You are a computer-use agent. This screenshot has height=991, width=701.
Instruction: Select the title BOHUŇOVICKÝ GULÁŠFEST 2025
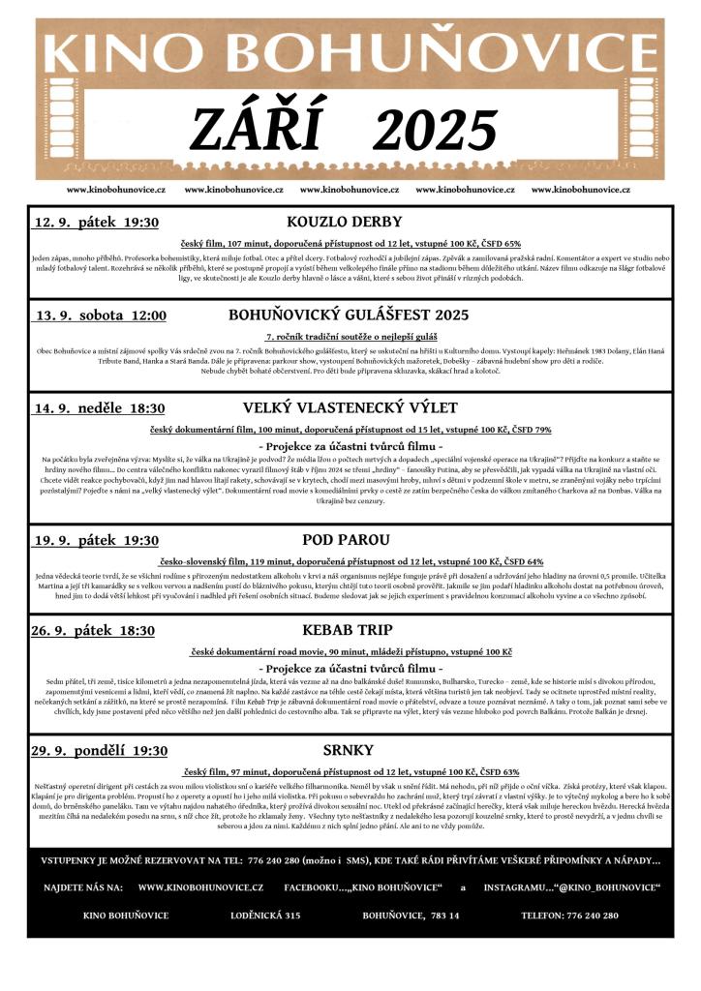[x=349, y=315]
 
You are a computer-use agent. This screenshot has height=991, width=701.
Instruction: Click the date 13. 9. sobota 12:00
[x=102, y=315]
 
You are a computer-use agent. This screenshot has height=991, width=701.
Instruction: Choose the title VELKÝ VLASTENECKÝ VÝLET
[x=337, y=407]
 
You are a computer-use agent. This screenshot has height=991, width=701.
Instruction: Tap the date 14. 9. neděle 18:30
[x=100, y=408]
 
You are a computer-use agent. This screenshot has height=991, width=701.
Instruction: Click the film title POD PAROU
[x=332, y=539]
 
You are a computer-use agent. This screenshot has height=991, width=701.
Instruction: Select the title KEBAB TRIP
[x=334, y=630]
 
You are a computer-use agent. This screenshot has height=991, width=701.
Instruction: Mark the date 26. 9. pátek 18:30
[x=93, y=631]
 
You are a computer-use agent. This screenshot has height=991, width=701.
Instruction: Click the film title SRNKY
[x=341, y=750]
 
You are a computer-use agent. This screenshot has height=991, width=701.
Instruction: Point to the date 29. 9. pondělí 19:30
[x=101, y=751]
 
